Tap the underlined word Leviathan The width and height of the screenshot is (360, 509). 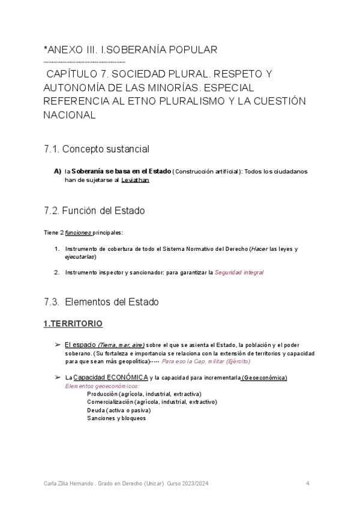click(x=135, y=179)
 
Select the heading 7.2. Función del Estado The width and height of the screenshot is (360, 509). click(x=94, y=211)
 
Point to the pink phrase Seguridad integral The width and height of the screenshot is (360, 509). click(x=239, y=272)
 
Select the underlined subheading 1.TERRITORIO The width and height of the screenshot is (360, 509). click(x=73, y=324)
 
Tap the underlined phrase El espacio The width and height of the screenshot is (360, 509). click(x=80, y=345)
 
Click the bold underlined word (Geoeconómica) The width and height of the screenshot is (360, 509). click(x=264, y=377)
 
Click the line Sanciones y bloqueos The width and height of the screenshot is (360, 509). click(x=116, y=418)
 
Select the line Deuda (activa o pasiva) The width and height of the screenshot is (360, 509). click(x=118, y=410)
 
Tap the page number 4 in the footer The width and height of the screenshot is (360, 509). click(x=307, y=483)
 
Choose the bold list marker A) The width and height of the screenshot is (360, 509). click(x=58, y=171)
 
